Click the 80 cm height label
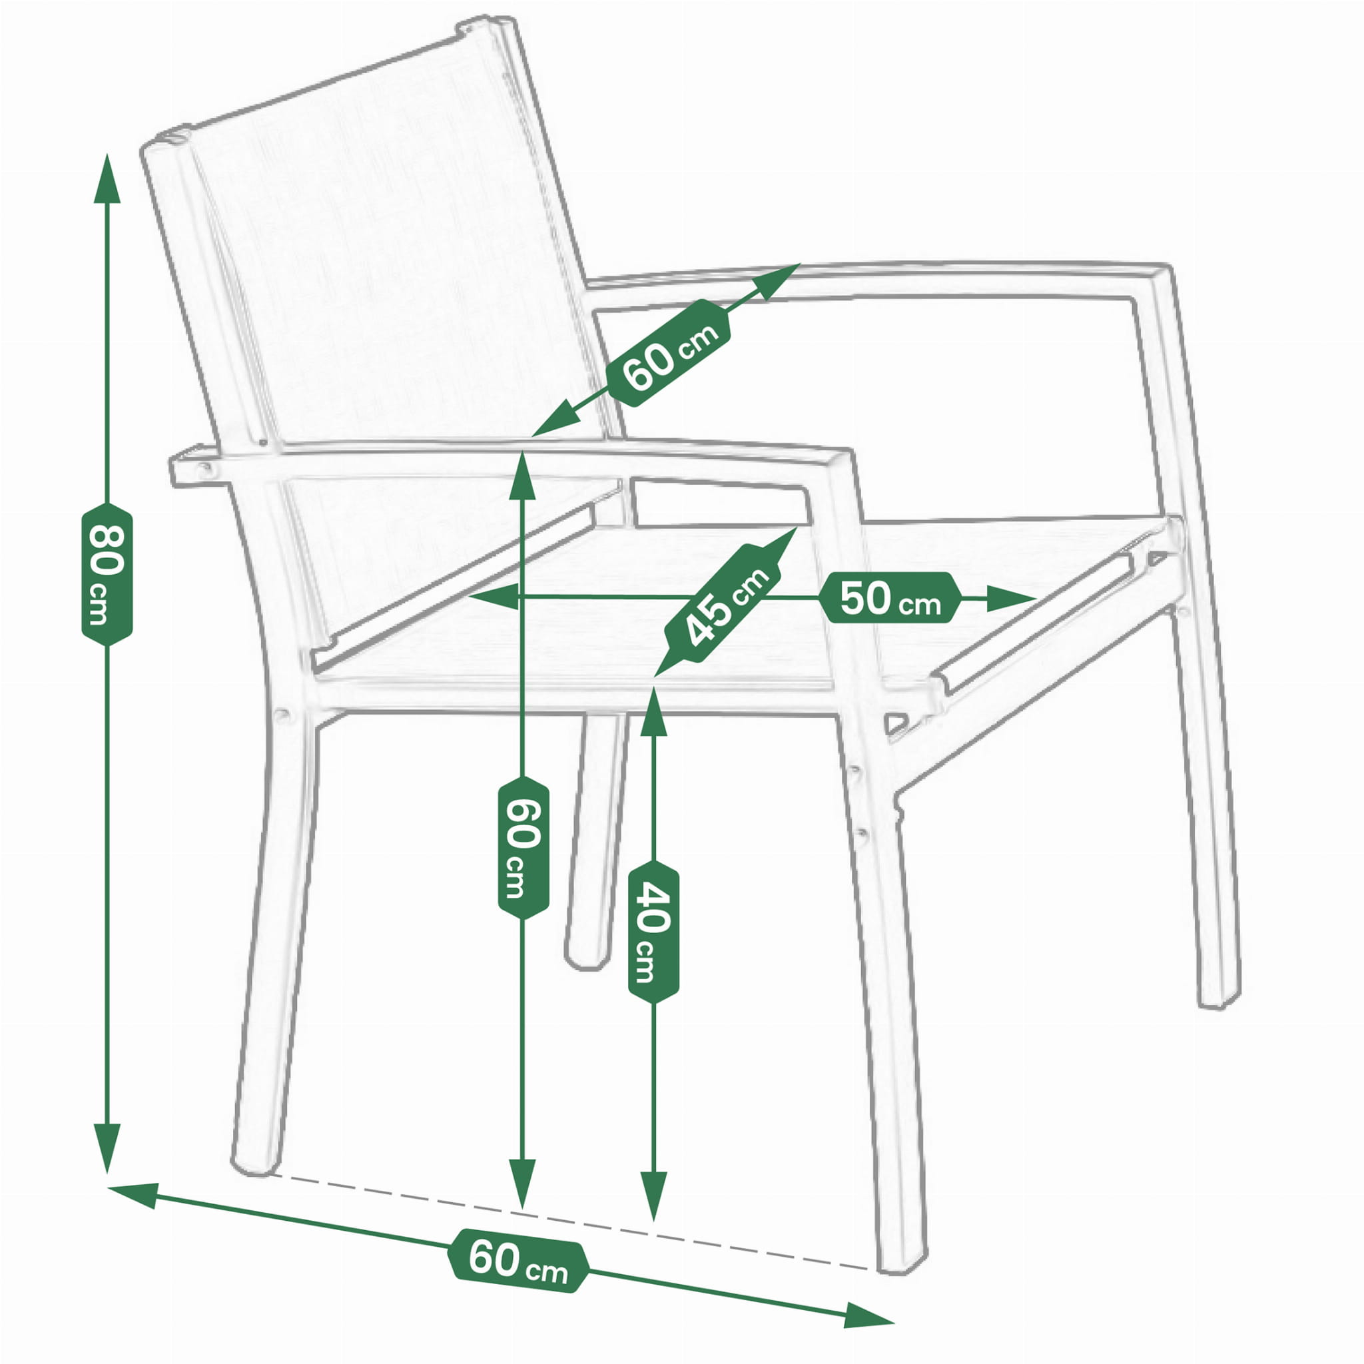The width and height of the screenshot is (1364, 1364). point(107,574)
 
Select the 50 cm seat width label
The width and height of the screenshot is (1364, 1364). point(890,599)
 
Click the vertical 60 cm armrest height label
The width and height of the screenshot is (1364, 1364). point(523,847)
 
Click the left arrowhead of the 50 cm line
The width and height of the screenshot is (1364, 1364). point(494,597)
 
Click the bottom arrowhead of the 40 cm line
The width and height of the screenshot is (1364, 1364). point(653,1197)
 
